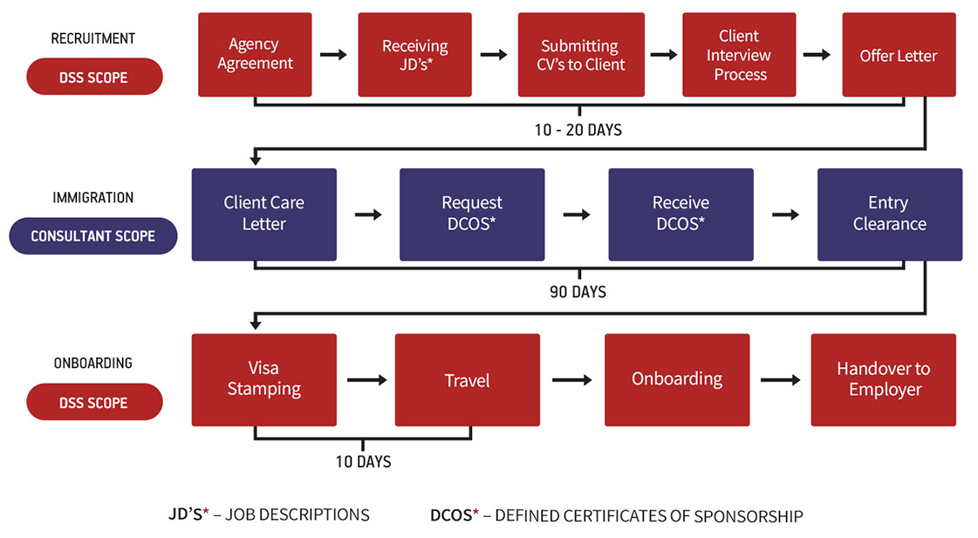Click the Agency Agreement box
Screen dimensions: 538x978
[255, 54]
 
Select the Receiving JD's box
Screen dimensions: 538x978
[414, 54]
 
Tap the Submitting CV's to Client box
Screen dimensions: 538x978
[581, 54]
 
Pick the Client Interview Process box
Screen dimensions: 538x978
[739, 54]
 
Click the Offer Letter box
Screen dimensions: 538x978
[899, 54]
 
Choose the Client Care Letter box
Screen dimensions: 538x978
[263, 214]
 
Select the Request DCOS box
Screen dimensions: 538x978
[472, 214]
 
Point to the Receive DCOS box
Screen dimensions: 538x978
[680, 214]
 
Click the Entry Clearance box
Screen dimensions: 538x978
[889, 214]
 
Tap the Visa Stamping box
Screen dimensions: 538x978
[263, 379]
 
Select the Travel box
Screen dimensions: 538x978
[467, 379]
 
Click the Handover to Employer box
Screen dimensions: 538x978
[883, 379]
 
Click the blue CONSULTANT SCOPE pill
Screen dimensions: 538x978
[93, 236]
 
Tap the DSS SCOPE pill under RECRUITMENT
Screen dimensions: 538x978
[93, 77]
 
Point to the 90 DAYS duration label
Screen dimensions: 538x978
[578, 292]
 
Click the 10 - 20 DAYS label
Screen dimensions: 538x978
[578, 130]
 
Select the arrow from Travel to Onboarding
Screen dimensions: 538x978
[572, 380]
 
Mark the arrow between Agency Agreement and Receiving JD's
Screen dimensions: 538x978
[333, 55]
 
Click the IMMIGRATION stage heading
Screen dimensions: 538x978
[93, 198]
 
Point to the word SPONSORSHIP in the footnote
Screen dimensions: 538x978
[749, 516]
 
